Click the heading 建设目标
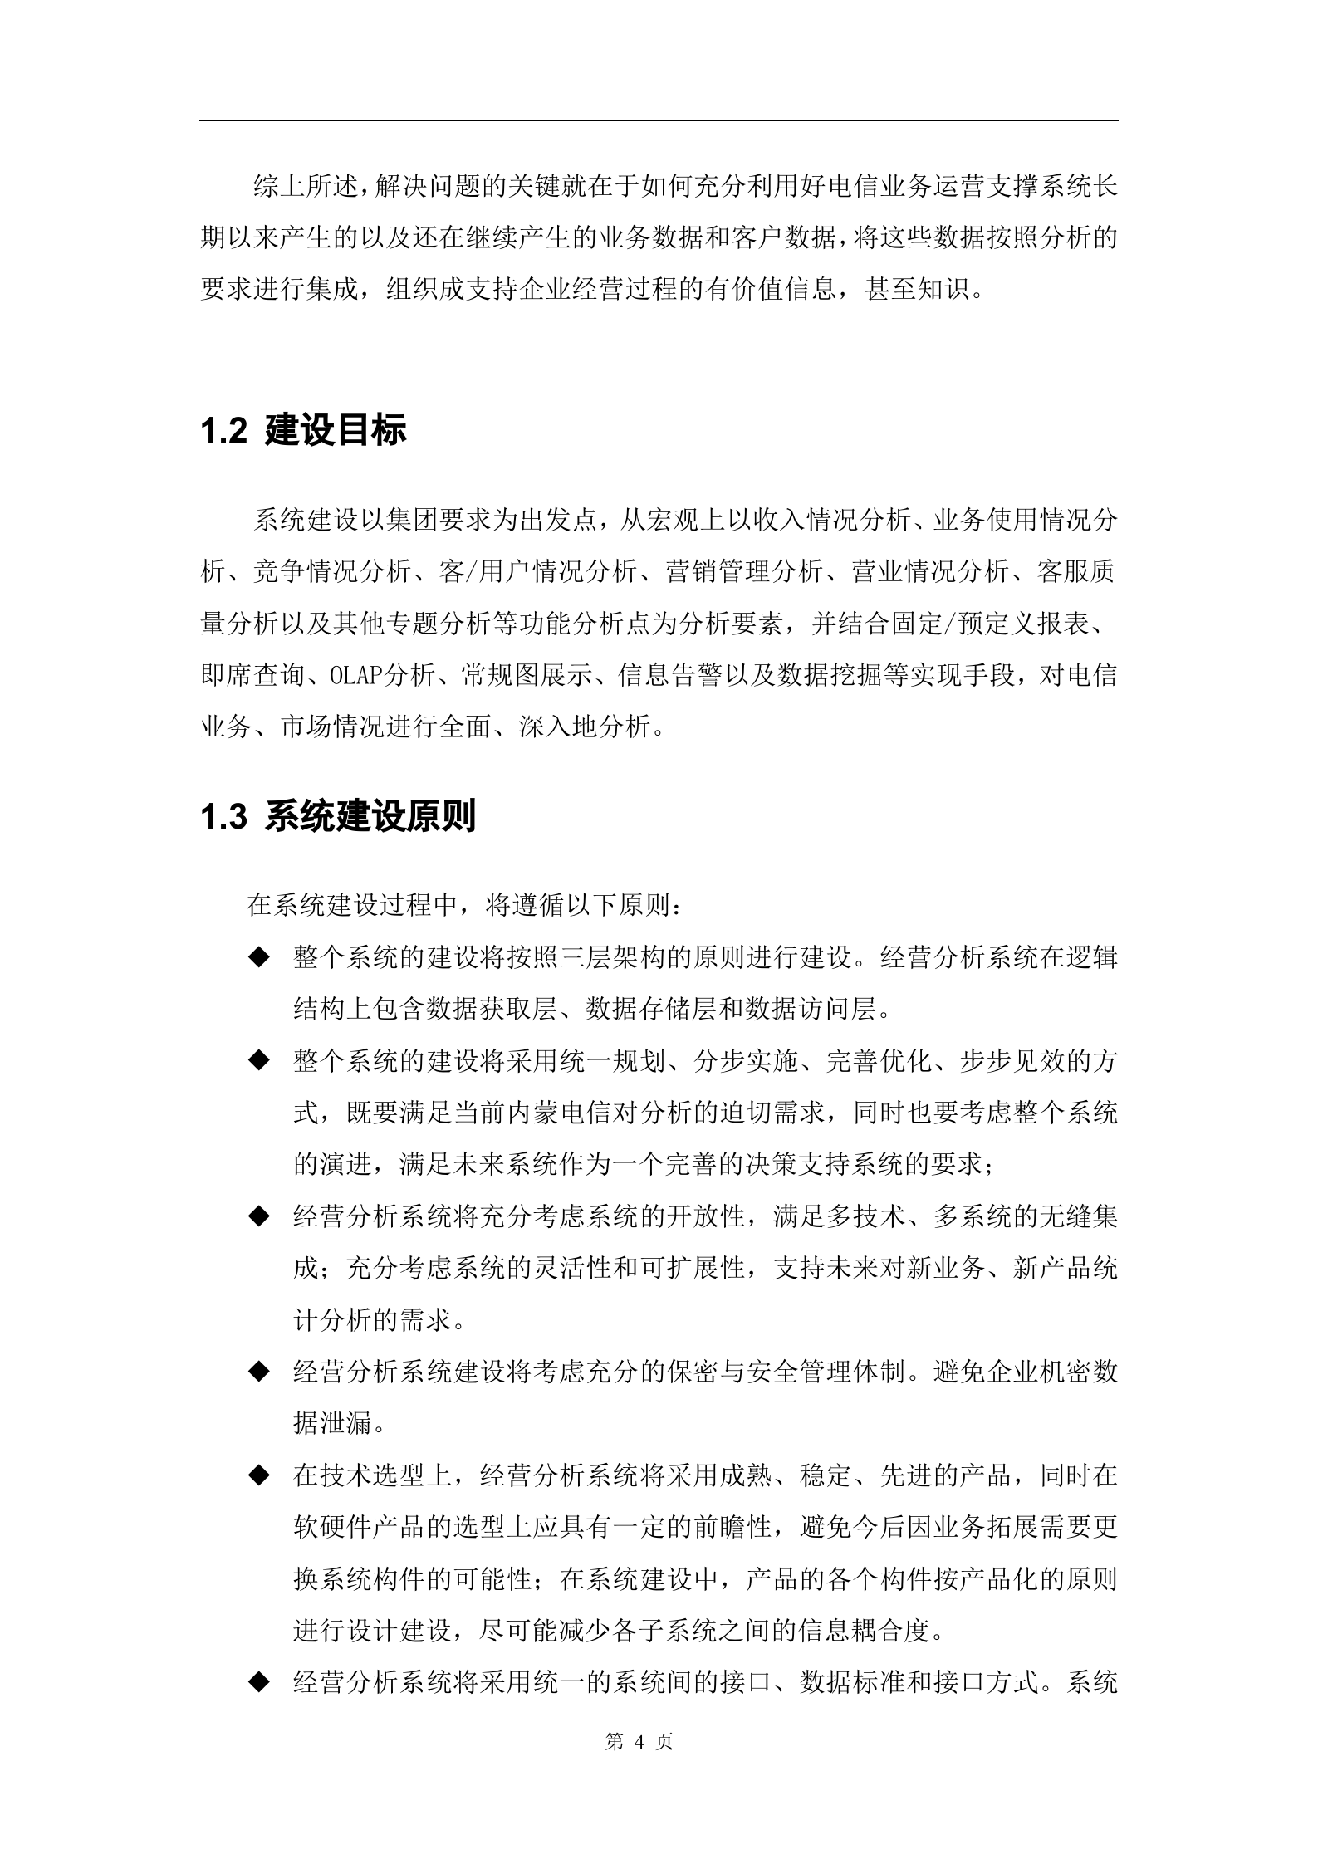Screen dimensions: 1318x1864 (336, 432)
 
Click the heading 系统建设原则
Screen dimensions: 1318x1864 (370, 818)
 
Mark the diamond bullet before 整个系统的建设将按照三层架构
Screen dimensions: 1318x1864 (260, 957)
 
